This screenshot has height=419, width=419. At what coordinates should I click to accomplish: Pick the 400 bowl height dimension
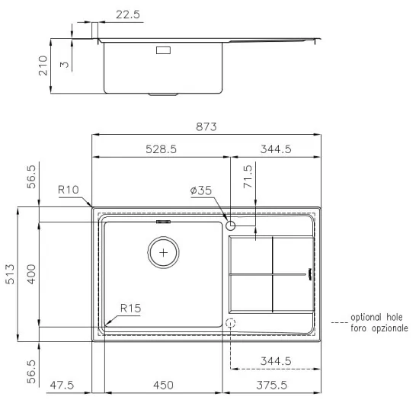click(x=31, y=273)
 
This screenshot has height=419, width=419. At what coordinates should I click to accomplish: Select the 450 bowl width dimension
click(x=165, y=385)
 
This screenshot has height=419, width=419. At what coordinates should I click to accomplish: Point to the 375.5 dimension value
click(x=270, y=385)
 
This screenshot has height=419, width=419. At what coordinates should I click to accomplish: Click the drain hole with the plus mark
click(x=162, y=251)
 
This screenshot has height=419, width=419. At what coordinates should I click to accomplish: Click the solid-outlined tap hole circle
click(x=232, y=225)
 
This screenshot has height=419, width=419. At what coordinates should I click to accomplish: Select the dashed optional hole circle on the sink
click(x=232, y=323)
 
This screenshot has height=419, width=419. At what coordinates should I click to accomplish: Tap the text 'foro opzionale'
click(x=379, y=328)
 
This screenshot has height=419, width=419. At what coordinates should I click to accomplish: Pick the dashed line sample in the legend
click(x=340, y=323)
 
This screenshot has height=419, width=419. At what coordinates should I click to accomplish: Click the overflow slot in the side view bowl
click(x=164, y=51)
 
